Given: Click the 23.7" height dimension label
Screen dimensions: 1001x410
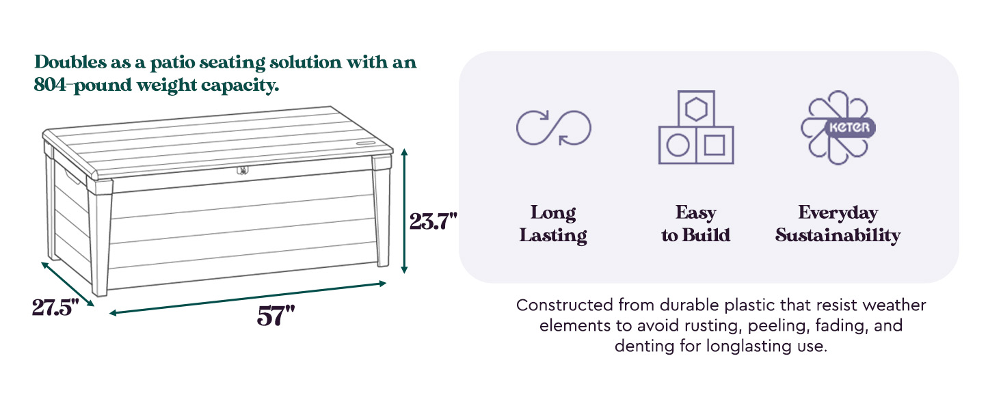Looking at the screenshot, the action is [432, 221].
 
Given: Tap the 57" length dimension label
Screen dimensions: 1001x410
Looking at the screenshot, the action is [276, 316].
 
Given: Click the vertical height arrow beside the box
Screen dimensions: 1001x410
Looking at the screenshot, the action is [405, 211].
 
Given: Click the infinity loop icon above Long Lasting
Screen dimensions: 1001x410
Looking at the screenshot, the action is [553, 128].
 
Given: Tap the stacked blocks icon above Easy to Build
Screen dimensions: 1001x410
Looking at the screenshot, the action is [695, 128].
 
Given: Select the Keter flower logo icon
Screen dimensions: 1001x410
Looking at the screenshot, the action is [838, 128].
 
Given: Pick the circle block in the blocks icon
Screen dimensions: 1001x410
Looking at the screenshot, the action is [677, 146].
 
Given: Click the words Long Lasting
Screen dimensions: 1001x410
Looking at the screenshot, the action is [553, 224].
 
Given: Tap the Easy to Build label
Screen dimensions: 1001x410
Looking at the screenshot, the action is [695, 224].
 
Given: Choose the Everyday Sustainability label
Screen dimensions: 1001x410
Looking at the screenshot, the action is [838, 224].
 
